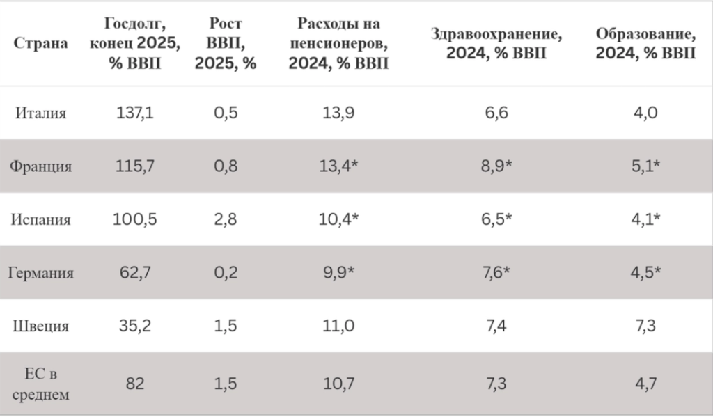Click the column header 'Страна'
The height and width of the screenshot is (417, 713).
click(40, 43)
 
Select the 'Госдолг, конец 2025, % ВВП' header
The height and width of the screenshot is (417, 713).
click(134, 43)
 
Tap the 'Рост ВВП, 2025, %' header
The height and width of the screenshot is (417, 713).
click(226, 43)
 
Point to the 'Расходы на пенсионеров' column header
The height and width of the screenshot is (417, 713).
click(339, 43)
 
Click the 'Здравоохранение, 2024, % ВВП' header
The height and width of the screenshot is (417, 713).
click(496, 43)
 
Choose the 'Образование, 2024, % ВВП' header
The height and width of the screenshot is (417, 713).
click(645, 43)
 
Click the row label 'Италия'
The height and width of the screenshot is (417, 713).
click(40, 113)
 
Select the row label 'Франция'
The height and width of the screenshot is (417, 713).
click(40, 166)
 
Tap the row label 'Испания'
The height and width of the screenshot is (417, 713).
click(40, 219)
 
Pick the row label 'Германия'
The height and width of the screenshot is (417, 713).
click(40, 273)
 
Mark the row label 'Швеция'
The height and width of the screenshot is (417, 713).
click(40, 326)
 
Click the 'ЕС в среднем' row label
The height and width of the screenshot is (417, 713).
click(40, 384)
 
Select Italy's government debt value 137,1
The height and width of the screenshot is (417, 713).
click(134, 113)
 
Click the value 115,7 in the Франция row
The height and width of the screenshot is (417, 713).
click(134, 166)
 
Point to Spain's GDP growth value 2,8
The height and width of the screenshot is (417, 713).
click(226, 219)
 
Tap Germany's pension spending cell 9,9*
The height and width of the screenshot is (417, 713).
click(339, 272)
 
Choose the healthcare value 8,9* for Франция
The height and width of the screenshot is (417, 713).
click(496, 166)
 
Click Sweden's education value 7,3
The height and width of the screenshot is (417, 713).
click(645, 326)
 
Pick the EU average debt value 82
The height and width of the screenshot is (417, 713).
click(134, 384)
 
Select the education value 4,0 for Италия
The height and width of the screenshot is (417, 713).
click(645, 113)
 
